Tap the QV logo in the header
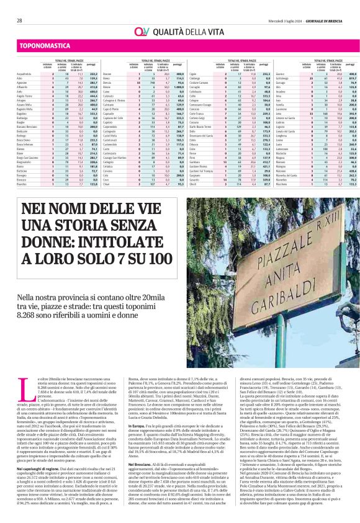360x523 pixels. pos(140,31)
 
